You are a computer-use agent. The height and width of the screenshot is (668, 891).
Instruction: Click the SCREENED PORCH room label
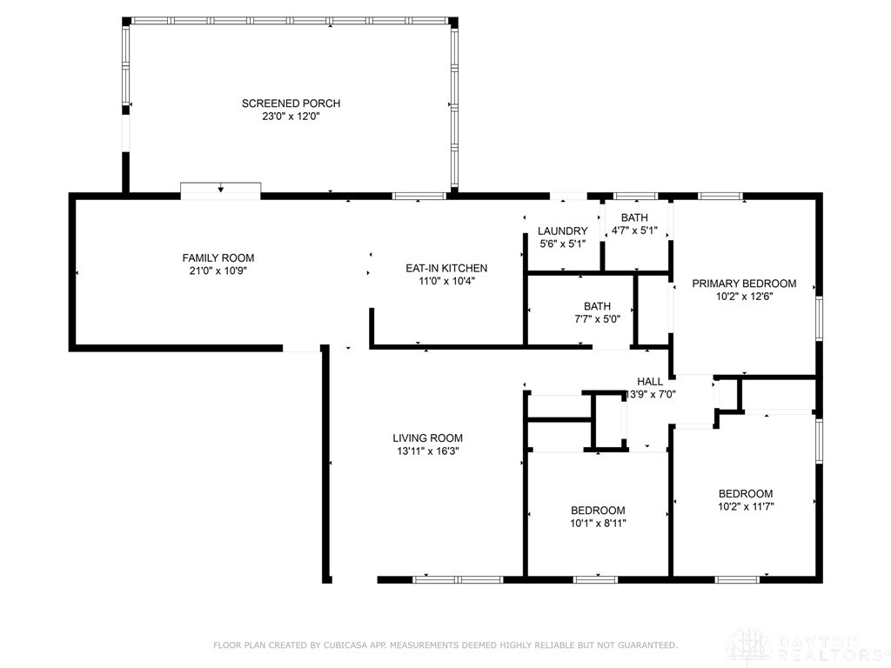291,104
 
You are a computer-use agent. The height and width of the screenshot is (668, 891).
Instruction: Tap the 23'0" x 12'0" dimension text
291,117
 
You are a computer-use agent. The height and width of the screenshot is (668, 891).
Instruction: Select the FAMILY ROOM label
218,257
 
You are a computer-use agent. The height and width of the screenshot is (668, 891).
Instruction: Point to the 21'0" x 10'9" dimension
218,271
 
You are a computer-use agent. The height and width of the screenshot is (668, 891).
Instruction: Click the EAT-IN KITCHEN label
446,268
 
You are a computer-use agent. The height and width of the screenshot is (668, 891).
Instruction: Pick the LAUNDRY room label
563,230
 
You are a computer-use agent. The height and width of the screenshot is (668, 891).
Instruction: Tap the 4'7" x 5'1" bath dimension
634,230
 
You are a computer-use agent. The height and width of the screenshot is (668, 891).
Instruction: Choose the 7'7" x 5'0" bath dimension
597,319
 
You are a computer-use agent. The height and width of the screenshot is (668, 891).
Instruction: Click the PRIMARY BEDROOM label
744,284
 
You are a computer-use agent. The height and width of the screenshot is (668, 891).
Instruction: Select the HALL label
649,382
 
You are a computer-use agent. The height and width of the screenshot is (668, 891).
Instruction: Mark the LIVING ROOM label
427,438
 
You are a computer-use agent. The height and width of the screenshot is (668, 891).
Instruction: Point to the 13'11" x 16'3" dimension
427,451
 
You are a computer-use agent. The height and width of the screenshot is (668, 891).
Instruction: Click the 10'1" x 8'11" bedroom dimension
598,524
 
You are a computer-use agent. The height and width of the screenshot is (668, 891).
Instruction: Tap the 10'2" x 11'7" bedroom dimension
746,507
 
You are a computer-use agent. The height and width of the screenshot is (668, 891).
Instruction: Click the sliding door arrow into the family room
220,189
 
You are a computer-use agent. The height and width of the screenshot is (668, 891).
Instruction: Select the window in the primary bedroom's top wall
720,197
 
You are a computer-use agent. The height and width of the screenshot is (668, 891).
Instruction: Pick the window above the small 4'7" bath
636,197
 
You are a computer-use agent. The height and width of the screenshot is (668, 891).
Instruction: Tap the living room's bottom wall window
458,580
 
